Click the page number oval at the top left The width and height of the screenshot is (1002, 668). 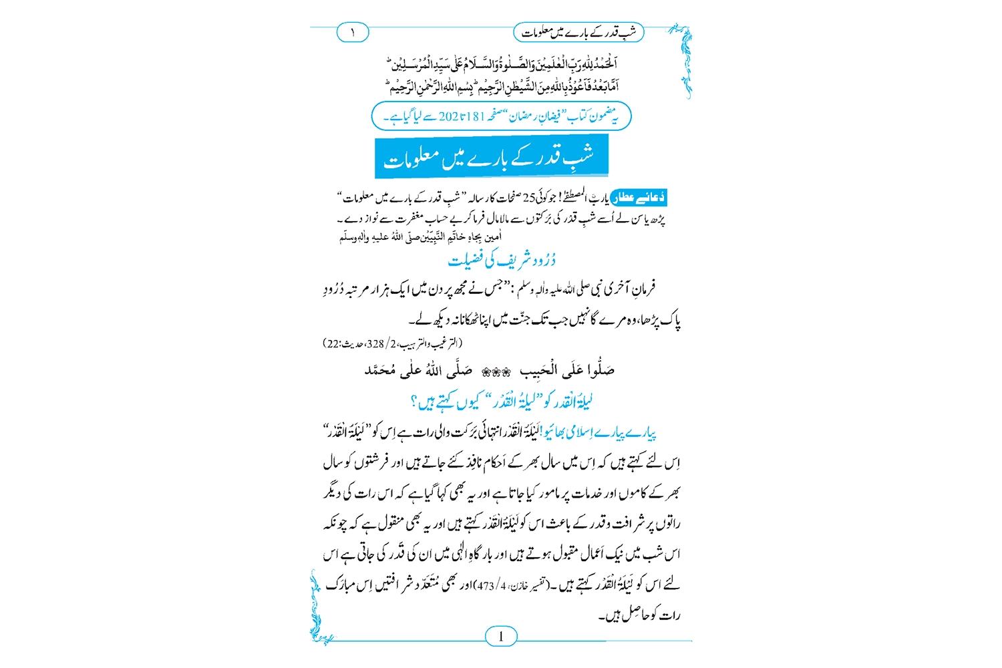point(353,32)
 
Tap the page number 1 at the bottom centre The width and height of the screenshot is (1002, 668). point(501,636)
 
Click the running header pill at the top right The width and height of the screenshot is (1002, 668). point(578,32)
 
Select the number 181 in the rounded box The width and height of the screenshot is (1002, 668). point(475,116)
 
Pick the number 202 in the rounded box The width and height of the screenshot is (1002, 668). point(448,116)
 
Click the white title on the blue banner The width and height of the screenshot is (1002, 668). point(491,158)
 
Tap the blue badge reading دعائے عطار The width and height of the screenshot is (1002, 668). point(639,197)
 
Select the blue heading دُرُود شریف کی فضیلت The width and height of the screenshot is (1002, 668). point(501,260)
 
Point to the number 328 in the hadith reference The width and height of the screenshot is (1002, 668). point(375,344)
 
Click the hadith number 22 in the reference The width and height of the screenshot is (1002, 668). point(332,344)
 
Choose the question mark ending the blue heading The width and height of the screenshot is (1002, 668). point(414,402)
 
